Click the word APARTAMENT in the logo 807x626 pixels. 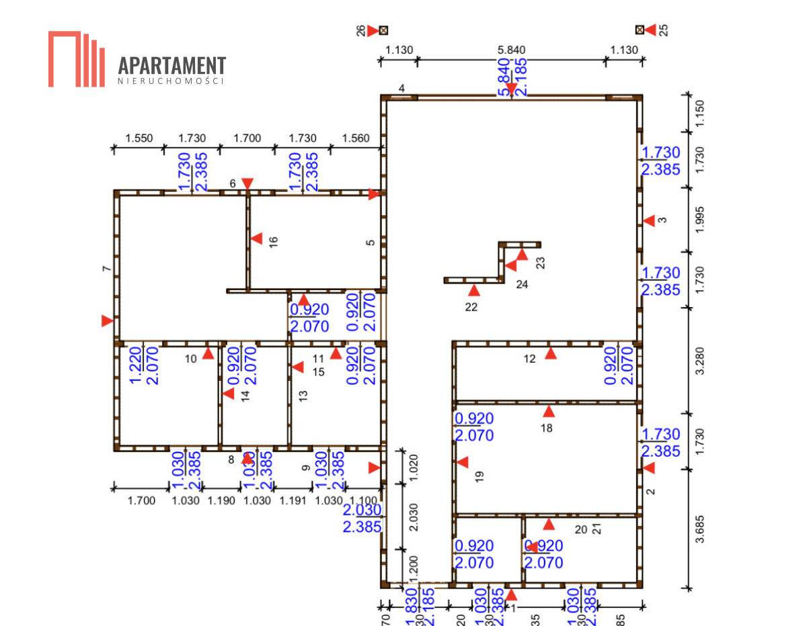pyautogui.click(x=171, y=66)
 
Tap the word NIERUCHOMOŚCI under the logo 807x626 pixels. pyautogui.click(x=171, y=81)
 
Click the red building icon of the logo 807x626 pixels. pyautogui.click(x=76, y=59)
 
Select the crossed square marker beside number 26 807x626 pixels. pyautogui.click(x=383, y=30)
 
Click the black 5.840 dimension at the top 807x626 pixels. pyautogui.click(x=511, y=49)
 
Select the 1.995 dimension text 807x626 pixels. pyautogui.click(x=700, y=219)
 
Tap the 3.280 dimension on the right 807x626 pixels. pyautogui.click(x=700, y=360)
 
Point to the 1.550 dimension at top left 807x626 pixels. pyautogui.click(x=139, y=138)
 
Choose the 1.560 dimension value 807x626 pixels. pyautogui.click(x=356, y=138)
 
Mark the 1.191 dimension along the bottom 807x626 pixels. pyautogui.click(x=293, y=500)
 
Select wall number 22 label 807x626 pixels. pyautogui.click(x=471, y=308)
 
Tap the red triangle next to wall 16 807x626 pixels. pyautogui.click(x=257, y=238)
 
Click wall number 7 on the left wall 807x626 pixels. pyautogui.click(x=106, y=269)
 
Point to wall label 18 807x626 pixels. pyautogui.click(x=547, y=428)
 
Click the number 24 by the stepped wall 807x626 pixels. pyautogui.click(x=522, y=285)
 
